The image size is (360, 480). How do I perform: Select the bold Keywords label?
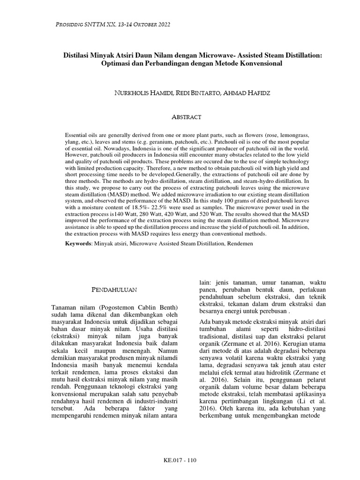coord(78,244)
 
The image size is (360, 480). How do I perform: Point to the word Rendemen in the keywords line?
coord(240,244)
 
